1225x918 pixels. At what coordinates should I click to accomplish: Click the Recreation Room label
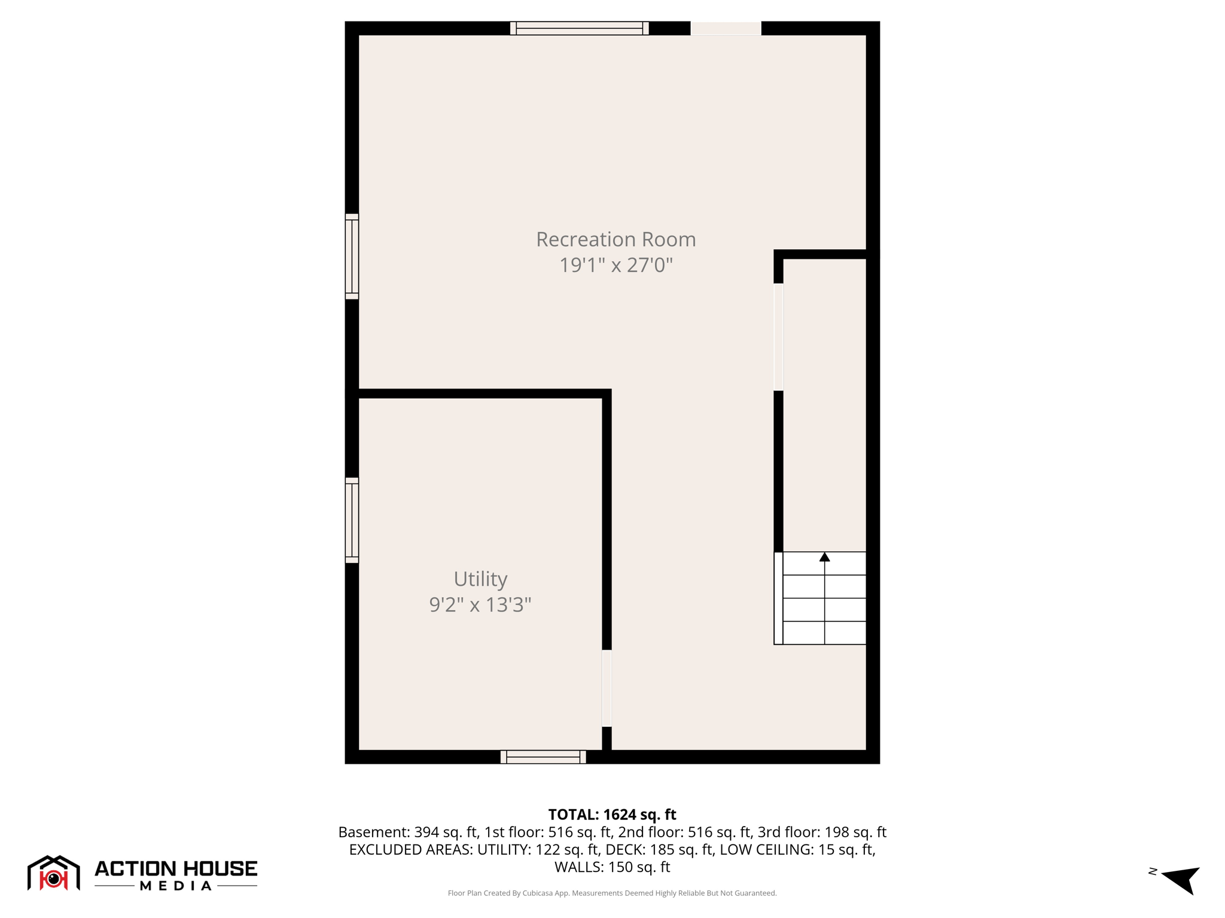point(615,239)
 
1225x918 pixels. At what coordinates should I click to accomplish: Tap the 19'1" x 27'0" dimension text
point(615,265)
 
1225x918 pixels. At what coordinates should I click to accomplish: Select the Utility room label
point(480,579)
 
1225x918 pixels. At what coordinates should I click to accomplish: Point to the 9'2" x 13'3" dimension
point(480,604)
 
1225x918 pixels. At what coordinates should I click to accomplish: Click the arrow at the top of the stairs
point(824,557)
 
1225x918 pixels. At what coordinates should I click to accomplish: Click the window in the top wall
point(579,28)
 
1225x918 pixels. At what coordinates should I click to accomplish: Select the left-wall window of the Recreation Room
point(352,256)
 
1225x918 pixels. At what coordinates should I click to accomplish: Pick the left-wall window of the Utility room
point(352,520)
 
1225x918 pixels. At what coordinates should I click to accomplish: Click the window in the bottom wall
point(543,757)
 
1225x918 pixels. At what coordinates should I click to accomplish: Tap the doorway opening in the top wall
point(726,28)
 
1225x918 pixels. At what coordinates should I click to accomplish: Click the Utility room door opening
point(607,688)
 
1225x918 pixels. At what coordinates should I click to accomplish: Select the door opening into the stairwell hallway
point(778,336)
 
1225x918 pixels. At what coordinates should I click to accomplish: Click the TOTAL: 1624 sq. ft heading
point(612,815)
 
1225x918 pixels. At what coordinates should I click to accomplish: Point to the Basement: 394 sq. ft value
point(407,832)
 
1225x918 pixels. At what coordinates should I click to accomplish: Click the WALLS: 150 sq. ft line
point(612,867)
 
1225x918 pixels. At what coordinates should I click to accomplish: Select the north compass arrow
point(1181,878)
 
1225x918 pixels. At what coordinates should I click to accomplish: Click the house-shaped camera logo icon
point(54,873)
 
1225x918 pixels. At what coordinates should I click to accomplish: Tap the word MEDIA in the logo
point(176,886)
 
